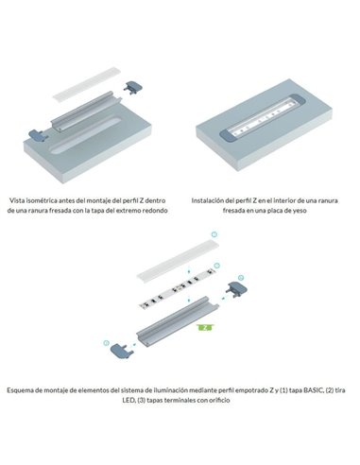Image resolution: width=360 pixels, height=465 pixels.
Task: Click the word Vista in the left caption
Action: coord(20,200)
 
